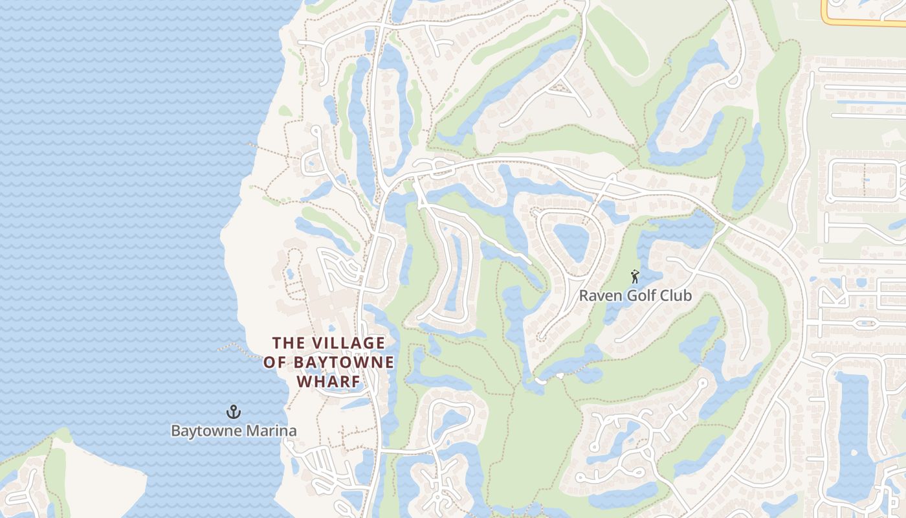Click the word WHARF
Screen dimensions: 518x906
329,381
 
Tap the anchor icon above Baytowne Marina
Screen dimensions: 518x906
233,412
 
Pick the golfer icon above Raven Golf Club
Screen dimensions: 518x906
635,277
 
